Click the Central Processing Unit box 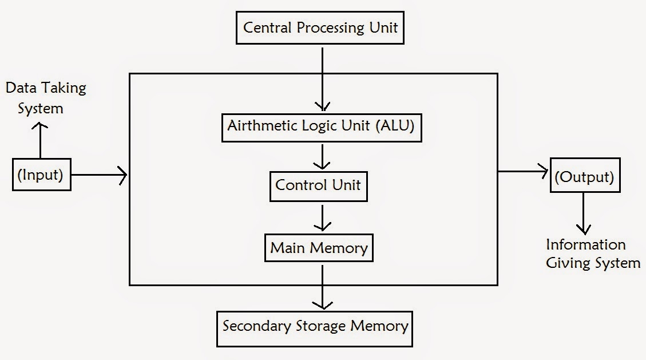[320, 28]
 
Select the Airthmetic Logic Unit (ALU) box [322, 126]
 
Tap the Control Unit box [318, 185]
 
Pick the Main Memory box [319, 248]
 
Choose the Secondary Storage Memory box [315, 327]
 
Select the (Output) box [584, 177]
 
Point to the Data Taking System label [45, 98]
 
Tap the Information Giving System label [592, 254]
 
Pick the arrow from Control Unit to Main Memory [323, 217]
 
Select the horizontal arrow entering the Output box [523, 171]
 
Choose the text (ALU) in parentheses [395, 126]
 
